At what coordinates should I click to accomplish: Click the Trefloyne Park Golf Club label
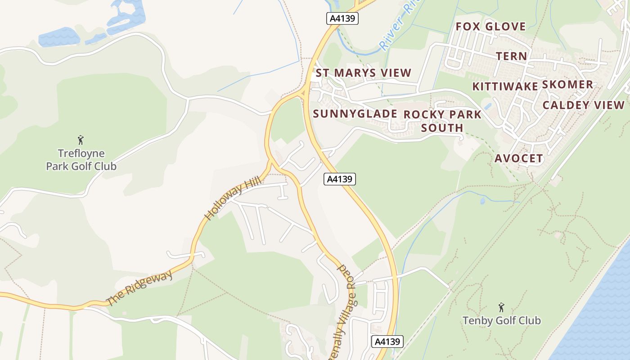click(81, 160)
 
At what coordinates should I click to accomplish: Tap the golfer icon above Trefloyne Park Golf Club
click(81, 140)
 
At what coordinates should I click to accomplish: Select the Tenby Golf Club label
click(501, 321)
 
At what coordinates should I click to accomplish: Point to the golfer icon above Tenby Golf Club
click(501, 308)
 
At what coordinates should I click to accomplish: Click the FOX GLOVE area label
click(490, 27)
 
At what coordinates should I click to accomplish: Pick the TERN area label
click(511, 56)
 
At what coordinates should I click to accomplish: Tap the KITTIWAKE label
click(505, 86)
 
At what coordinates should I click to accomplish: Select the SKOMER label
click(567, 85)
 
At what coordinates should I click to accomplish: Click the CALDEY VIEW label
click(583, 105)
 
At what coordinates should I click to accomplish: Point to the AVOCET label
click(518, 158)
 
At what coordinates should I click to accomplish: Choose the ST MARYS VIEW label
click(363, 73)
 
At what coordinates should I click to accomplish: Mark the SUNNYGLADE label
click(355, 114)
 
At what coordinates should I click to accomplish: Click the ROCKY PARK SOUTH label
click(442, 121)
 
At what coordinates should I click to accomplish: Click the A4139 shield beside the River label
click(342, 18)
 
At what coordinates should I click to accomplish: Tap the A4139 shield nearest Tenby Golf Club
click(387, 342)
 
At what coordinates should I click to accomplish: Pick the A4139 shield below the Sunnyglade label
click(339, 179)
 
